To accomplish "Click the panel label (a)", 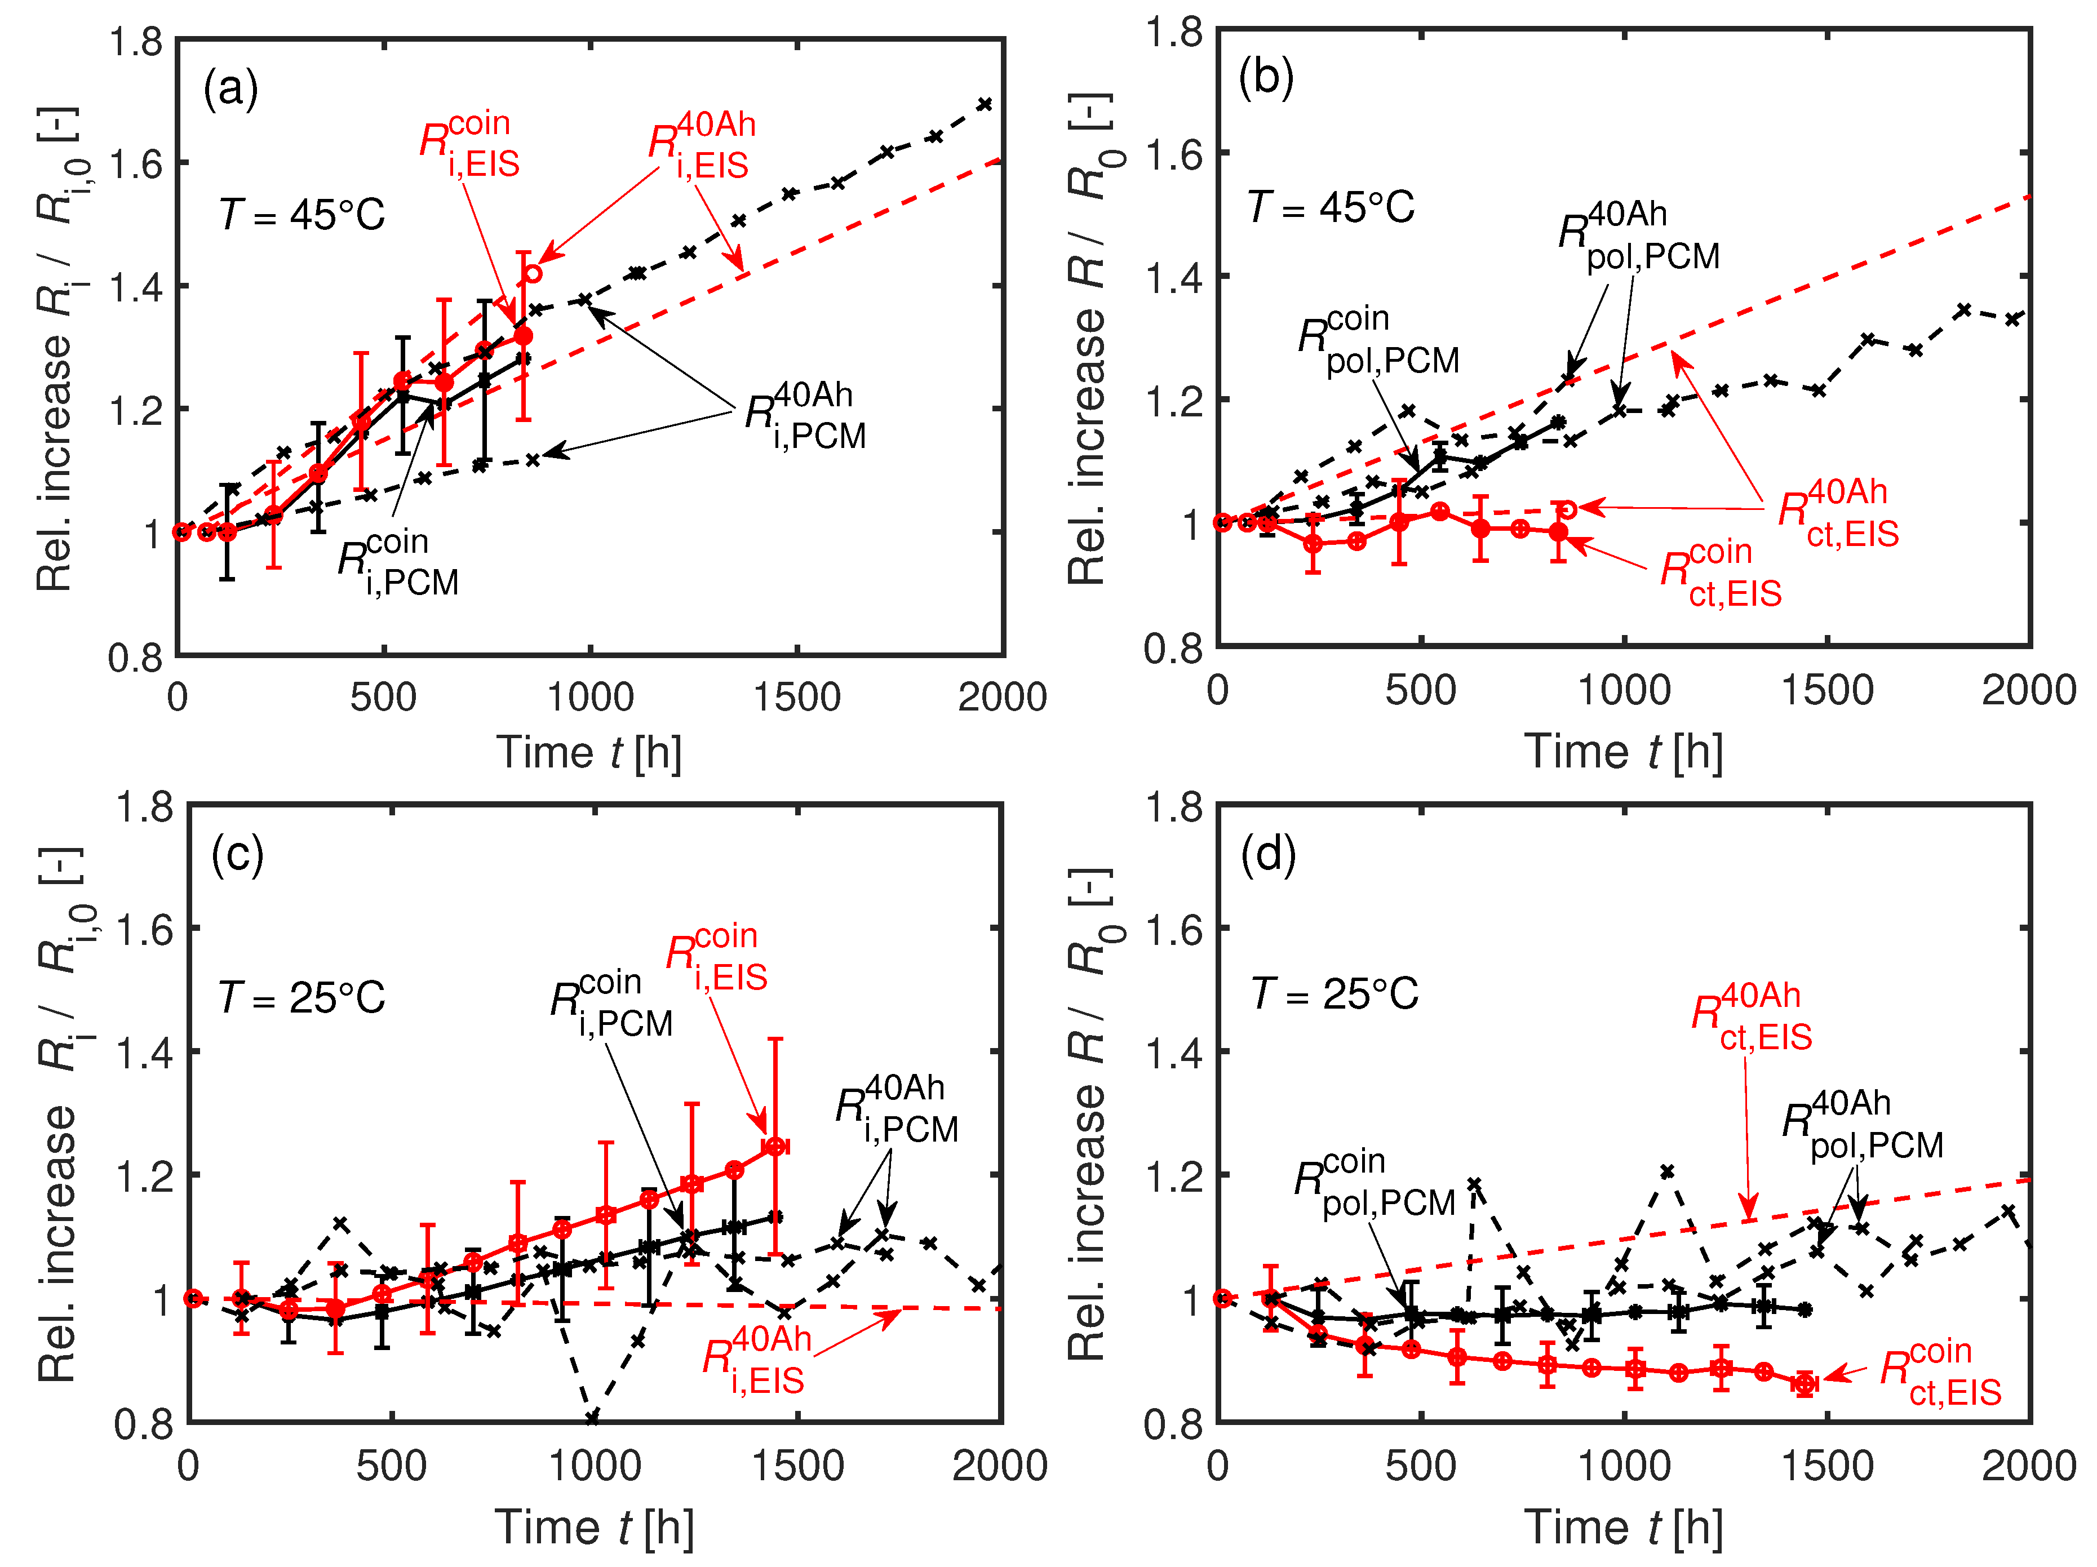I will point(230,91).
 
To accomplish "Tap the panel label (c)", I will point(237,855).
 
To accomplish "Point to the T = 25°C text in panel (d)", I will point(1335,995).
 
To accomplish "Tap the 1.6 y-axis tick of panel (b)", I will point(1174,154).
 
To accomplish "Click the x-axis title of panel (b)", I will point(1623,752).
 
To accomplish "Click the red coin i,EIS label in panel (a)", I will point(470,145).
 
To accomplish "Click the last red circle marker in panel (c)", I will point(775,1147).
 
